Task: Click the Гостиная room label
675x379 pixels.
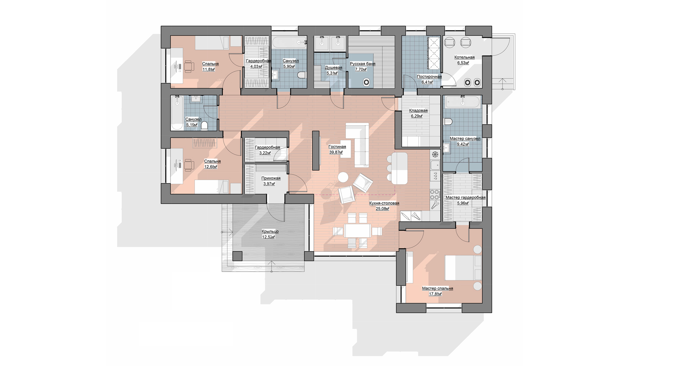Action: [337, 147]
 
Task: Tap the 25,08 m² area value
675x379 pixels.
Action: [382, 208]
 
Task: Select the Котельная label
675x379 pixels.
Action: [464, 57]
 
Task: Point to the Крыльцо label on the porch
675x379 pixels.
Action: [270, 231]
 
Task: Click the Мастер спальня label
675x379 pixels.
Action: [437, 288]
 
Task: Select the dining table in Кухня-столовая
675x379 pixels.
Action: [358, 231]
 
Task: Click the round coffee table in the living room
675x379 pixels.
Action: [343, 178]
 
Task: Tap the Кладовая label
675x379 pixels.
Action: [418, 111]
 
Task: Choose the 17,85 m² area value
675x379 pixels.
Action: [435, 294]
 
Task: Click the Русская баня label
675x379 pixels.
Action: [362, 64]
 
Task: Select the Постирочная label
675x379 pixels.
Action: [429, 77]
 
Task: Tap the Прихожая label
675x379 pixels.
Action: [271, 178]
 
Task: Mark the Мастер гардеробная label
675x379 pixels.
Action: [465, 198]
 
